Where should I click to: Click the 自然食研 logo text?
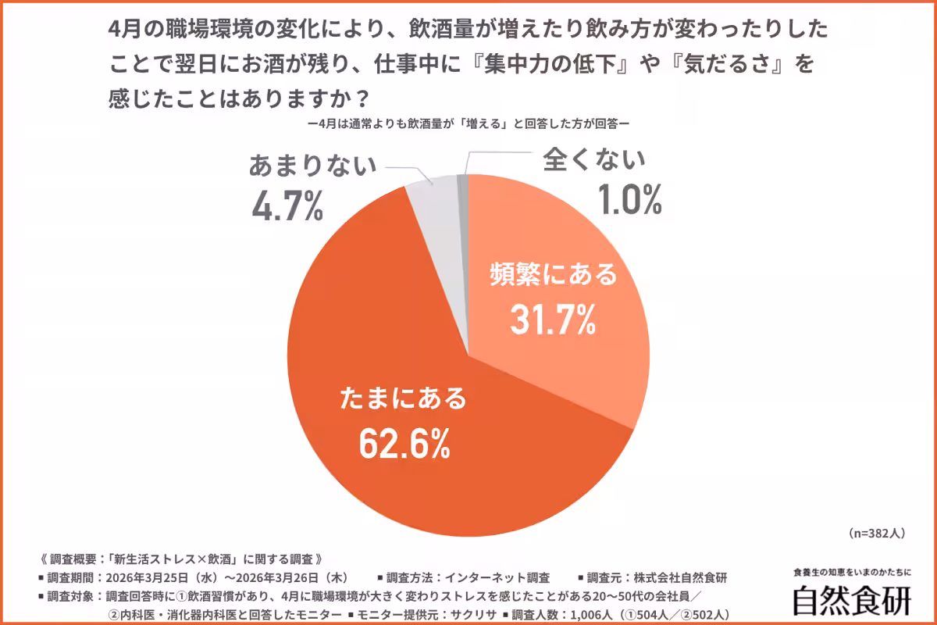pos(852,600)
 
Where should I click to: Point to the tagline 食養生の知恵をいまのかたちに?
pos(852,573)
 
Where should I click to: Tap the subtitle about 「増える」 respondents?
pos(468,123)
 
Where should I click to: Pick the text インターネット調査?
pos(497,578)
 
